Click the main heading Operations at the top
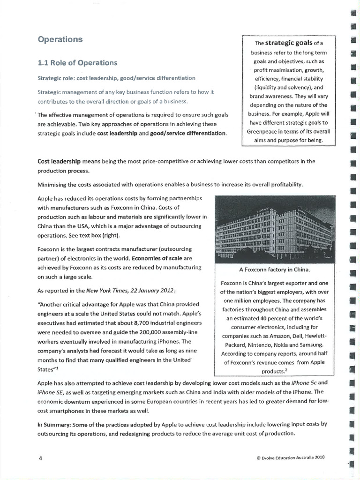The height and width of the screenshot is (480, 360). click(x=60, y=39)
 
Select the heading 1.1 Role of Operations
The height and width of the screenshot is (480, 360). click(x=77, y=63)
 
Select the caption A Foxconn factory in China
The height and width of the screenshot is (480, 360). click(x=275, y=270)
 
